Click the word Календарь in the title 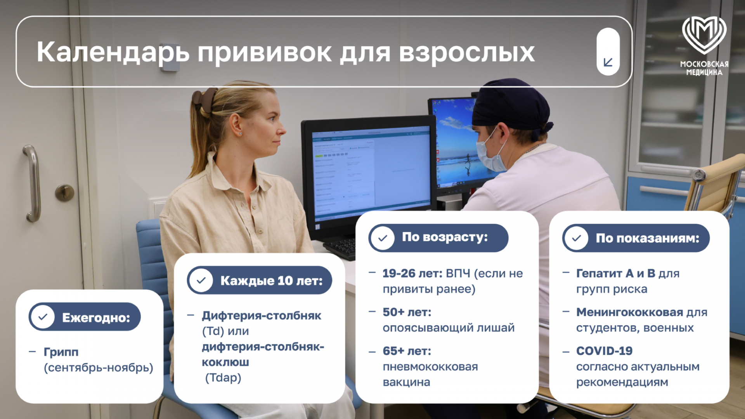point(113,52)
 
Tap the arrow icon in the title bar point(608,62)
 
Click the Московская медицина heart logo point(704,35)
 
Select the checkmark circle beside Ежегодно point(43,317)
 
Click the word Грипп point(61,352)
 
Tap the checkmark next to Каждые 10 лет point(201,280)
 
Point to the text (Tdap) point(223,378)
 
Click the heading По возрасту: point(445,237)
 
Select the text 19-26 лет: point(412,274)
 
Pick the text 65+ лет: point(407,351)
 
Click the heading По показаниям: point(647,238)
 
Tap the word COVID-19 point(604,351)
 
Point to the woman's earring point(241,134)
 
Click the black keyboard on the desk point(340,248)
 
